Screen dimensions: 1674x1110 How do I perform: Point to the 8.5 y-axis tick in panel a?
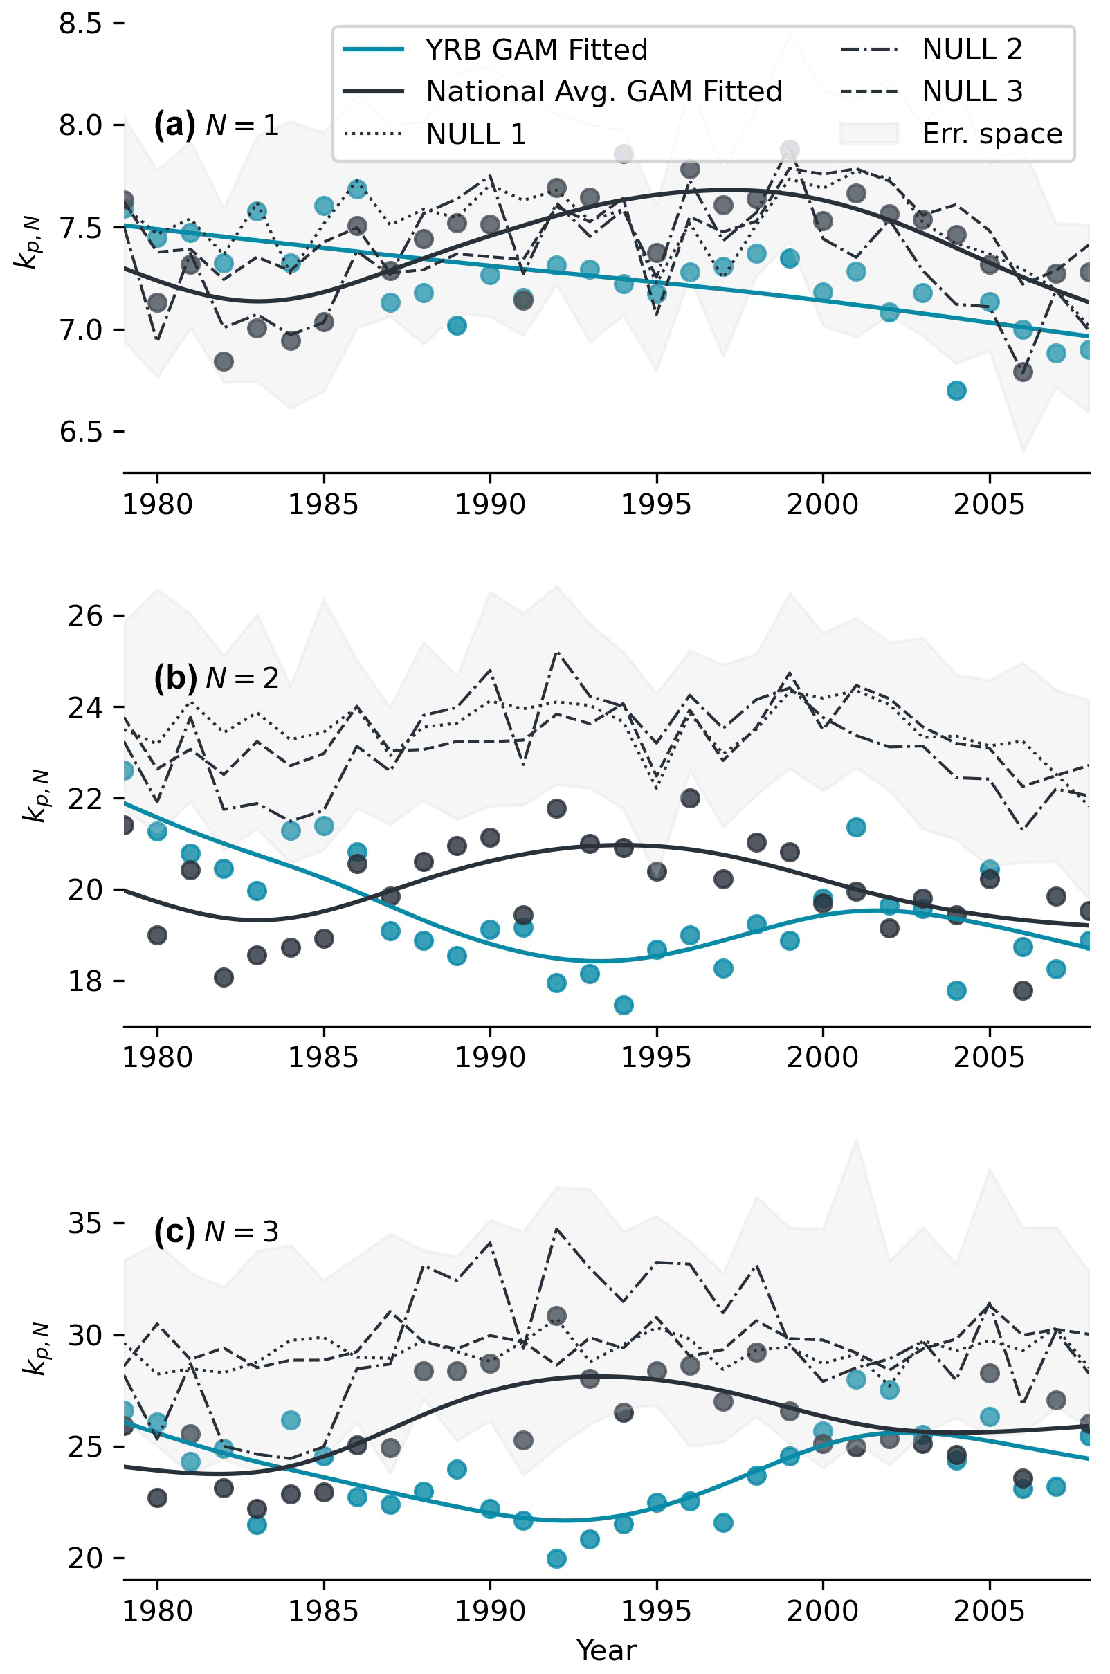click(80, 24)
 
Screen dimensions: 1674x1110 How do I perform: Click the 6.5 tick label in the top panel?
click(80, 431)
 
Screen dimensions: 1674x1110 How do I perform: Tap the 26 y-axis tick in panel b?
click(85, 616)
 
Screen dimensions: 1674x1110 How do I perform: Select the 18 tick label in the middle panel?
click(85, 981)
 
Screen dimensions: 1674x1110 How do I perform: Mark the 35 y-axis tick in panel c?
click(85, 1223)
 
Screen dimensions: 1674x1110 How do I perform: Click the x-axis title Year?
click(606, 1650)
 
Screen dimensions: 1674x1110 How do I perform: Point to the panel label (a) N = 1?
click(216, 125)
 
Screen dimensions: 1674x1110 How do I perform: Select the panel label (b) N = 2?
click(216, 678)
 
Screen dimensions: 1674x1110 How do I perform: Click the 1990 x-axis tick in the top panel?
click(490, 505)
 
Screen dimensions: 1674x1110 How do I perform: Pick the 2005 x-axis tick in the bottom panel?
click(989, 1612)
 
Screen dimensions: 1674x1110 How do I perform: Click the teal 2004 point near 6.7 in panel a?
click(956, 391)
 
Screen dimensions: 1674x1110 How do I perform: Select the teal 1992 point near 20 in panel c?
click(556, 1558)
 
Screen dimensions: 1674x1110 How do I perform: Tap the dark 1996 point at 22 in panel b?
click(690, 799)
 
